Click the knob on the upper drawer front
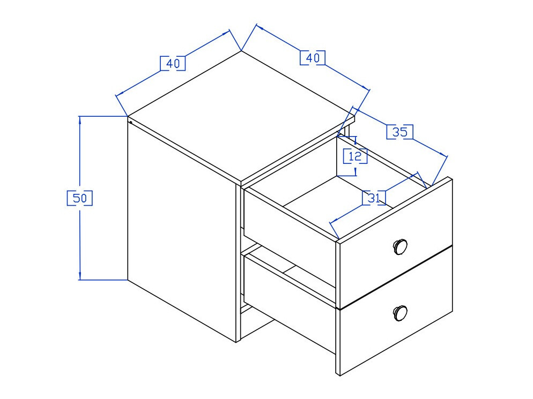[x=400, y=246]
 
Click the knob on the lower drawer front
[x=400, y=313]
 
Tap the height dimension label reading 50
[x=80, y=198]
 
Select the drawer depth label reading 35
[x=400, y=132]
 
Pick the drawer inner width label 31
[x=374, y=198]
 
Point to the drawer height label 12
[x=355, y=156]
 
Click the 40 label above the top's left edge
[x=173, y=63]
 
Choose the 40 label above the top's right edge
[x=313, y=58]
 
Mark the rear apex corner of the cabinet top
[x=241, y=51]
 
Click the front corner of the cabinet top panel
[x=241, y=181]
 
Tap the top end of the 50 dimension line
[x=80, y=116]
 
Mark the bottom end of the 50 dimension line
[x=80, y=280]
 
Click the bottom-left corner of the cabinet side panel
[x=128, y=280]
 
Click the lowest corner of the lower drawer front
[x=340, y=375]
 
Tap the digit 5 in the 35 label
[x=404, y=132]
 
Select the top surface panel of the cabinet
[x=241, y=116]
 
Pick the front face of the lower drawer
[x=396, y=311]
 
